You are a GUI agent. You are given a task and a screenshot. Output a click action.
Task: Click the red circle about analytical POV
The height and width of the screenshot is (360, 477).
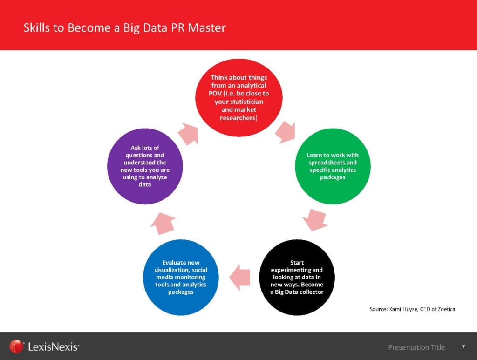point(239,98)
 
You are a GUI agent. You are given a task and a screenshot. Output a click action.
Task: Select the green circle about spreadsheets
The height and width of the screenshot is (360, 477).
point(333,166)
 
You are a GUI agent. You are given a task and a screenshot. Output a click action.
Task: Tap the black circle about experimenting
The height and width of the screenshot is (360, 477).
point(297,277)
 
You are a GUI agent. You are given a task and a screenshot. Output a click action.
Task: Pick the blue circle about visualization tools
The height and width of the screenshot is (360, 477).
point(181,277)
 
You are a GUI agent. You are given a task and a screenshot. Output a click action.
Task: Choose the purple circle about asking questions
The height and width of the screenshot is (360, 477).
point(145,166)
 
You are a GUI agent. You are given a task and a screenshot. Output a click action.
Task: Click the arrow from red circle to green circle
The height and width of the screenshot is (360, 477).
point(286,132)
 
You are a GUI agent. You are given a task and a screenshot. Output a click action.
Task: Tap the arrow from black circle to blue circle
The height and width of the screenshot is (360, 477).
point(240,277)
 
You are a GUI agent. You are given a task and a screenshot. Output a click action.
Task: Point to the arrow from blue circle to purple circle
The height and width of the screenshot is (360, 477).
point(163,224)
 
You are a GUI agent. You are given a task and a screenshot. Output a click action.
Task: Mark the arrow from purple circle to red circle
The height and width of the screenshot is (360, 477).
point(189,134)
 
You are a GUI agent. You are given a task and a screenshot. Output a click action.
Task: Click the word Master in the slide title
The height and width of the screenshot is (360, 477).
point(207,27)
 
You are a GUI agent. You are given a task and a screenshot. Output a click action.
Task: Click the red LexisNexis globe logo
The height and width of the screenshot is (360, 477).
point(16,346)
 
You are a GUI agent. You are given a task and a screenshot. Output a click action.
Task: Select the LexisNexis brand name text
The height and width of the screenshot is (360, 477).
point(54,347)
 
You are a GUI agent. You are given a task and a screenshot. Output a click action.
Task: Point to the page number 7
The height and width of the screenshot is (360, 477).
point(463,347)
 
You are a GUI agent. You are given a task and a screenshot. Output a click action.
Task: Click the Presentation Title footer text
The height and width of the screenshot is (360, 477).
point(416,347)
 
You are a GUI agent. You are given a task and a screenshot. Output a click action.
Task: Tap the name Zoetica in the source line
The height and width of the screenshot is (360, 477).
point(447,309)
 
